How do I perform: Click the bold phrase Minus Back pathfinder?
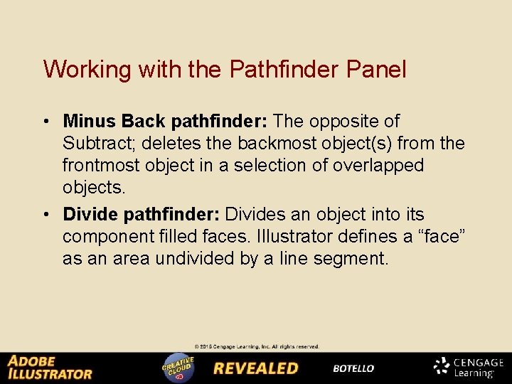165,122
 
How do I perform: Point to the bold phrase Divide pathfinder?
142,215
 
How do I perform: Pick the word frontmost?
105,166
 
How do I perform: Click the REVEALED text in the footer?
256,368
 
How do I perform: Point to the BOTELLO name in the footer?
353,368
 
